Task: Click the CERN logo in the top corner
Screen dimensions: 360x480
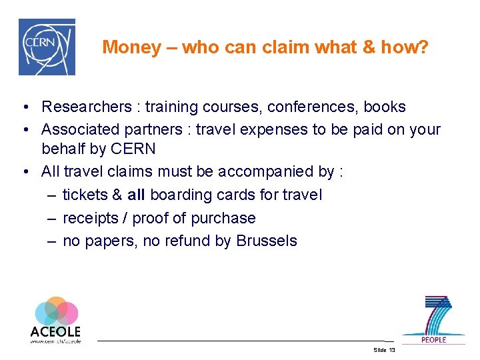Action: pyautogui.click(x=46, y=47)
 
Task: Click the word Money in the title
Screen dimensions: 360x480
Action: pyautogui.click(x=132, y=47)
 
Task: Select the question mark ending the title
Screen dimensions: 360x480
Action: pyautogui.click(x=424, y=47)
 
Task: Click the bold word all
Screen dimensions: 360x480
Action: pyautogui.click(x=137, y=195)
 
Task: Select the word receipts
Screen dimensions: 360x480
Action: pyautogui.click(x=89, y=218)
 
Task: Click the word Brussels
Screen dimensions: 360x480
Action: pyautogui.click(x=267, y=241)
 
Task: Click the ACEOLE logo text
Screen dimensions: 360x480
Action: pyautogui.click(x=55, y=331)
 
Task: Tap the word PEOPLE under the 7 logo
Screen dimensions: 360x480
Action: pyautogui.click(x=433, y=339)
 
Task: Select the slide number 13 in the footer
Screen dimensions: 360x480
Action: pyautogui.click(x=391, y=350)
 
